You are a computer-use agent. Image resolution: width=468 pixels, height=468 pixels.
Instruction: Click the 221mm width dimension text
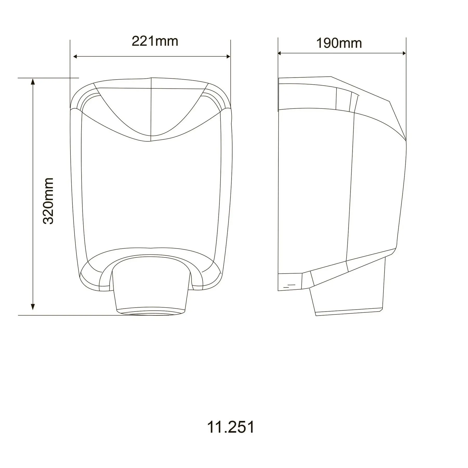(x=155, y=41)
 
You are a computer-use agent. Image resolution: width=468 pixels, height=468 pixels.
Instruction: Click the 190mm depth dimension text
(x=339, y=43)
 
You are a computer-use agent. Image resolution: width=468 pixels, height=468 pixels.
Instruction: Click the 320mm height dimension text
(x=48, y=201)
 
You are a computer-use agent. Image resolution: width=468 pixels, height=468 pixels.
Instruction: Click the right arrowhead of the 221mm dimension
(x=228, y=56)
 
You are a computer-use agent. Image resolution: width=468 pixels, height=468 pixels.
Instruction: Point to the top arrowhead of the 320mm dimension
(x=33, y=82)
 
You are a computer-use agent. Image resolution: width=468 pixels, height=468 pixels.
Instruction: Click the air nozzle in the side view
(x=348, y=296)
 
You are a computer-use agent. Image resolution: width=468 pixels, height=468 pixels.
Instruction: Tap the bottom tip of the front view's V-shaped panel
(x=151, y=141)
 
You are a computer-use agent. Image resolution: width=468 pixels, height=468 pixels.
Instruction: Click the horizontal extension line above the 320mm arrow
(x=48, y=78)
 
